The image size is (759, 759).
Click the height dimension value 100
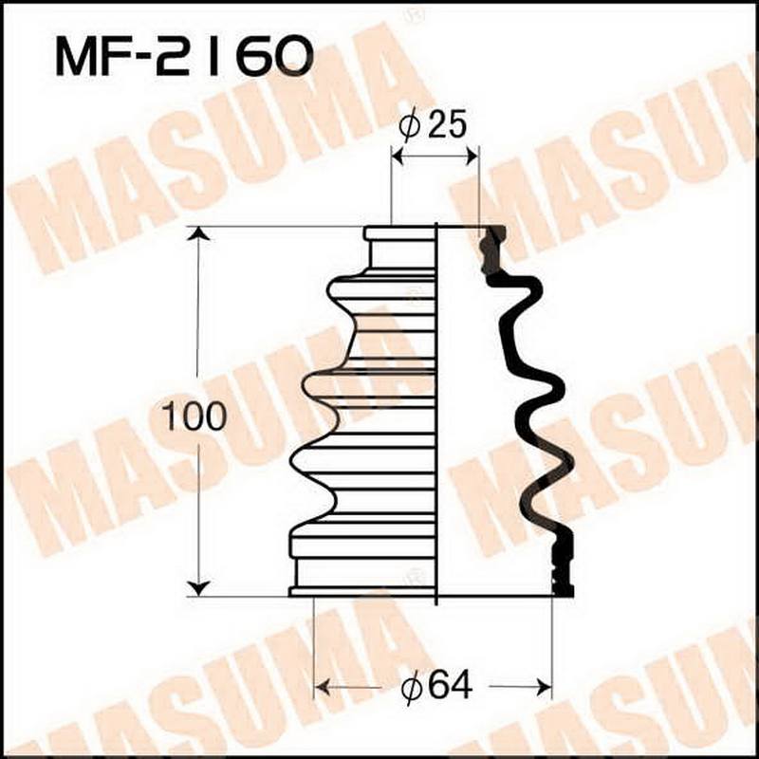coord(194,417)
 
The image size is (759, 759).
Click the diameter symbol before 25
coord(409,127)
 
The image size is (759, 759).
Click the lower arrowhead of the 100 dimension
coord(197,588)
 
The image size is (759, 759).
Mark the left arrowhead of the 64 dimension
coord(322,685)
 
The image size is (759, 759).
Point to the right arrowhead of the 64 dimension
coord(545,685)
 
